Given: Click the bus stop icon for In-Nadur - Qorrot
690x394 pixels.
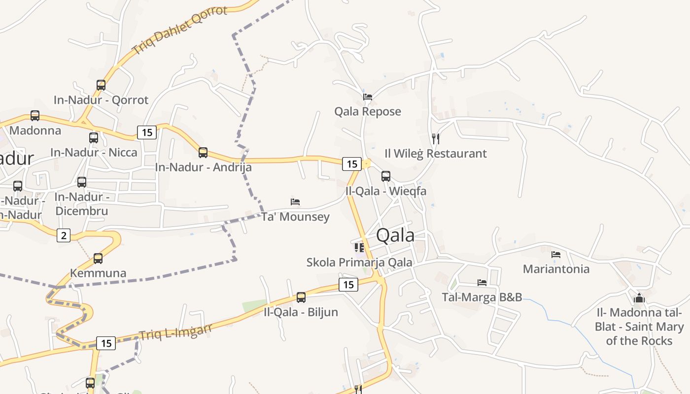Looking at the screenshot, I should coord(101,85).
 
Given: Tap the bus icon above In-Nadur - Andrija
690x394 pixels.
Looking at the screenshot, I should coord(203,152).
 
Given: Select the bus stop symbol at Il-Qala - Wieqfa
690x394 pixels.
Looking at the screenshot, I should coord(386,176).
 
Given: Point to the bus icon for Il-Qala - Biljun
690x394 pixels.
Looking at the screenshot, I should coord(301,297).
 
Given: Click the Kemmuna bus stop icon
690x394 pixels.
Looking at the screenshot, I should coord(98,258).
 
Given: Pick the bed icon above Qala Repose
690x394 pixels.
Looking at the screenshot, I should coord(368,97).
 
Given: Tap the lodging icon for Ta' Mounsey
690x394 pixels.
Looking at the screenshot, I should coord(295,202).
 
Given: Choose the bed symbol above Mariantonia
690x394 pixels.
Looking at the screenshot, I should coord(556,255).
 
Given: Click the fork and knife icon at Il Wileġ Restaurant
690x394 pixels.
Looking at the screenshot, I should coord(435,138).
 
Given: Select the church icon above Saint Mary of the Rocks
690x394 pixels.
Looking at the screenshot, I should coord(639,297).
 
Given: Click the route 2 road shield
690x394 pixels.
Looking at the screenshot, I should coord(64,235).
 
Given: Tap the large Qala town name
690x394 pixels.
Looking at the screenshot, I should coord(395,235).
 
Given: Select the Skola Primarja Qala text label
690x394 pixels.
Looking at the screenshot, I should coord(359,262).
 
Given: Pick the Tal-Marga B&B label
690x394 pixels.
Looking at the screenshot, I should coord(482,297).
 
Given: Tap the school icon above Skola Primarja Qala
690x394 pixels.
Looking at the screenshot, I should coord(359,247).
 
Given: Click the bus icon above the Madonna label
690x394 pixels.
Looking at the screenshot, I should coord(35,116).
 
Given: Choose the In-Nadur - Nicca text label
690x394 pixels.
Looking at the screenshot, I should coord(94,152).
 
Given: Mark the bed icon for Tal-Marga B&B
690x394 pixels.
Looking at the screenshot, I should coord(482,283).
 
